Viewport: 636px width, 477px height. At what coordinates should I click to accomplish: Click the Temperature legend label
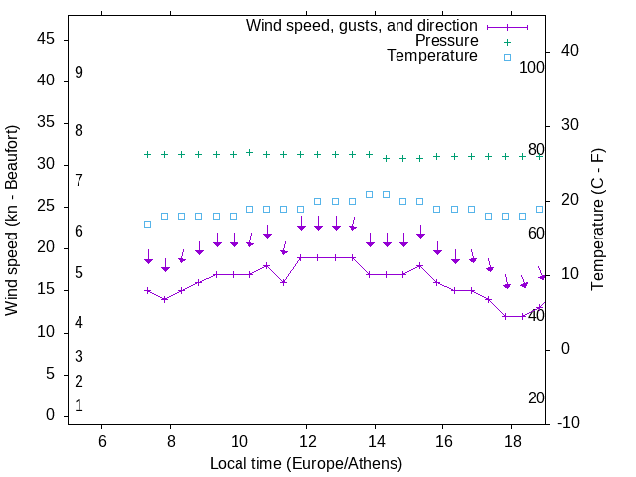pos(432,56)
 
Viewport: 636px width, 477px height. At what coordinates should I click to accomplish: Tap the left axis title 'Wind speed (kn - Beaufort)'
pos(12,221)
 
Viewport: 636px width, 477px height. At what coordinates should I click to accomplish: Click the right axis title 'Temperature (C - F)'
pos(597,221)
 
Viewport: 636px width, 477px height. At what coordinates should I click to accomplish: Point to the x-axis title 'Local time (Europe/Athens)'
pos(306,464)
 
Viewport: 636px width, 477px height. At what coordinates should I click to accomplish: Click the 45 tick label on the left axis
pos(46,40)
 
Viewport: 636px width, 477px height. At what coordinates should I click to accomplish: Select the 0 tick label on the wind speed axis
pos(51,415)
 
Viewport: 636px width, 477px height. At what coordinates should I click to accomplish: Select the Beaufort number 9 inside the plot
pos(79,73)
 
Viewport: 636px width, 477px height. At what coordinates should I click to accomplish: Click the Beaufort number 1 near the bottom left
pos(79,405)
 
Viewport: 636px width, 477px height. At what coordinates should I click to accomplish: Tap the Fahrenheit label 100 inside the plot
pos(532,67)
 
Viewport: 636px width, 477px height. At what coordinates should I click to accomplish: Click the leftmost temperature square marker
pos(147,224)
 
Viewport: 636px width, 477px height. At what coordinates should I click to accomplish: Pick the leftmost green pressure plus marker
pos(147,154)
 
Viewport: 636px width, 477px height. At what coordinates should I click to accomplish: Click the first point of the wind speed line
pos(147,291)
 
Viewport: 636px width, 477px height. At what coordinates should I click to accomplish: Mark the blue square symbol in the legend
pos(507,57)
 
